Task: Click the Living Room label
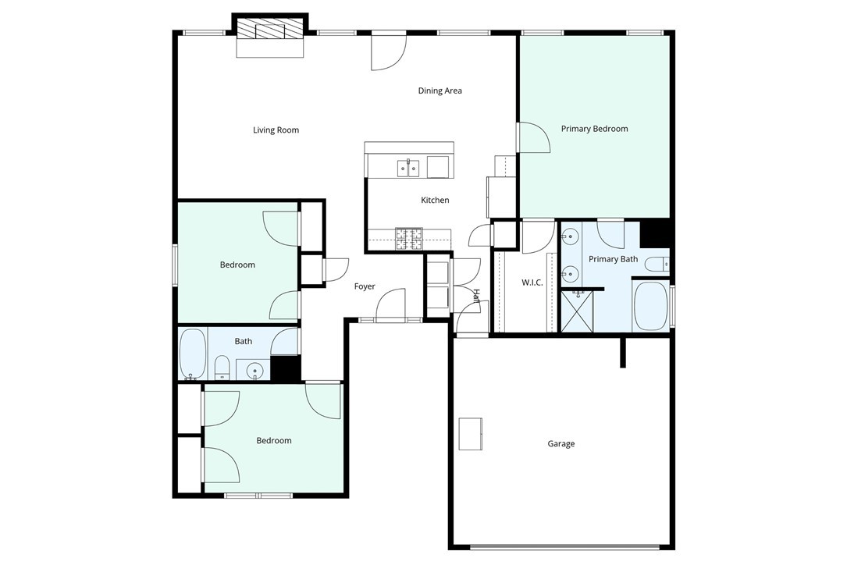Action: [276, 130]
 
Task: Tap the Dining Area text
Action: [440, 91]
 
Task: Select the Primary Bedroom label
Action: [594, 129]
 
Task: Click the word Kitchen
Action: [435, 201]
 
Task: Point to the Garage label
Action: [561, 444]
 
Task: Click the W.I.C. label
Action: [532, 282]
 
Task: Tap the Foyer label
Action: [365, 287]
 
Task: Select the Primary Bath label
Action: [613, 259]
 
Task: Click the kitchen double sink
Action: [408, 168]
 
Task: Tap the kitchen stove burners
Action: [409, 239]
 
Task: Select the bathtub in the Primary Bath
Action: [650, 306]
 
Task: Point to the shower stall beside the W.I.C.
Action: [577, 311]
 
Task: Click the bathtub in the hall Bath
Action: [192, 354]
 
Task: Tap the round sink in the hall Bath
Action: [254, 371]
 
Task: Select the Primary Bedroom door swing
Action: [533, 137]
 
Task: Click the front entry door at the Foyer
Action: [390, 306]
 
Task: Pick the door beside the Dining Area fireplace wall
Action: [389, 52]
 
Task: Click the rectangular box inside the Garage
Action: [471, 434]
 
